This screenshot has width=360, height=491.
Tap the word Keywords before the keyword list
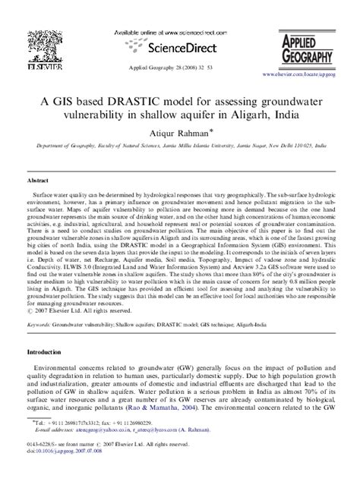(41, 323)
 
